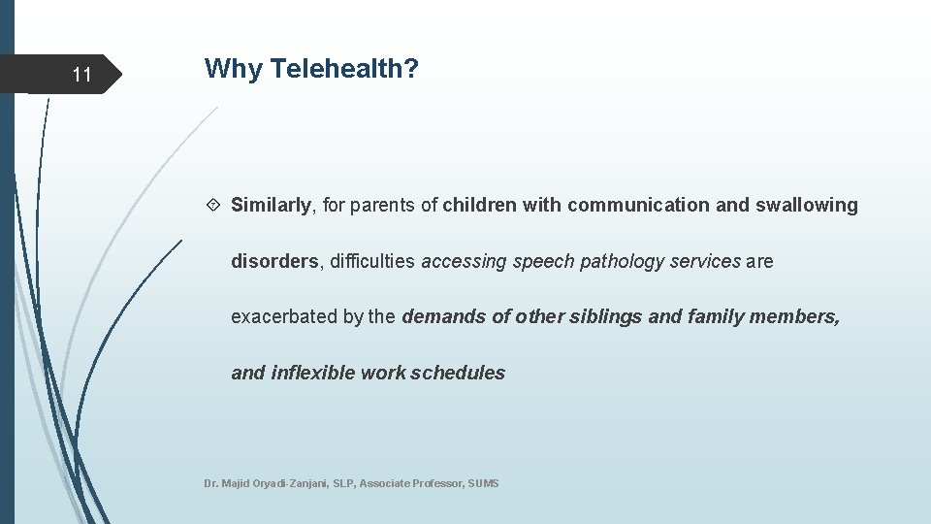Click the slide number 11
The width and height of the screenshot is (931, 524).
[81, 75]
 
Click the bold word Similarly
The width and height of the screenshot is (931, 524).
[271, 205]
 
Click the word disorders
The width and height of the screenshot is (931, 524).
[273, 261]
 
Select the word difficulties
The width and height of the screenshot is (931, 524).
[373, 261]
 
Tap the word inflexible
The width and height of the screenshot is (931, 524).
[313, 373]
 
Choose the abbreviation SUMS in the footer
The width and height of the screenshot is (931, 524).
[483, 483]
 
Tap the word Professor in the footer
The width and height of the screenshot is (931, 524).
[438, 483]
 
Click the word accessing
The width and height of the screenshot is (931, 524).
[465, 261]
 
